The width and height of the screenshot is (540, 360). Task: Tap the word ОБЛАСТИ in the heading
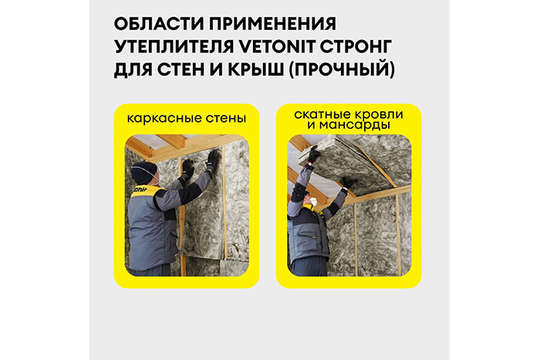(x=159, y=24)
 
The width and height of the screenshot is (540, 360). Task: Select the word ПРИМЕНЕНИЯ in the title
(x=272, y=24)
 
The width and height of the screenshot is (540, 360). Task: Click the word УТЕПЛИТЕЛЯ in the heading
(x=174, y=47)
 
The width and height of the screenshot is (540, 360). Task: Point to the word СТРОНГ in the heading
(x=356, y=47)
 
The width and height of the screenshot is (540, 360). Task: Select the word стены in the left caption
(x=226, y=119)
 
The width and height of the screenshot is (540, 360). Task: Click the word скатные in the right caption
(x=322, y=115)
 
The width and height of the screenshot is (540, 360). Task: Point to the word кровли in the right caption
(x=379, y=115)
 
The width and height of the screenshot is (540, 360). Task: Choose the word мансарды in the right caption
(x=354, y=125)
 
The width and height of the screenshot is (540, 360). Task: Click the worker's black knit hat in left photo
(x=143, y=173)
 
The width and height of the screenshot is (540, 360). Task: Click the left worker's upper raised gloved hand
(x=213, y=160)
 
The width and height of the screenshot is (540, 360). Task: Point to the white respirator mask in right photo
(x=313, y=201)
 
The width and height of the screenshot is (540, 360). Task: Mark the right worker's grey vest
(x=307, y=234)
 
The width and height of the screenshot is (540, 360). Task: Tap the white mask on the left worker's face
(x=160, y=179)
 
